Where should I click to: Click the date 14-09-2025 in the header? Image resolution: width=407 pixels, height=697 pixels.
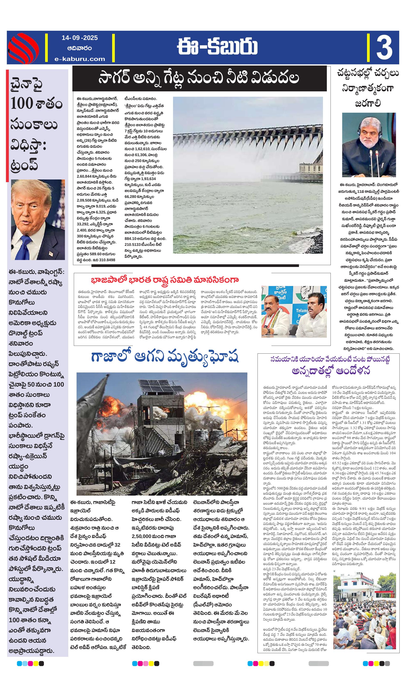80,38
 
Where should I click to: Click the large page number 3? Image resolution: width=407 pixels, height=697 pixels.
384,48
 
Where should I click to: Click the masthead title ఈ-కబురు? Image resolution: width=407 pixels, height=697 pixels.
217,47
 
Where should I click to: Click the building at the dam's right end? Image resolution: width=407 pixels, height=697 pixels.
310,169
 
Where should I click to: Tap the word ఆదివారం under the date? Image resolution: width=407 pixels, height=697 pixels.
80,48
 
